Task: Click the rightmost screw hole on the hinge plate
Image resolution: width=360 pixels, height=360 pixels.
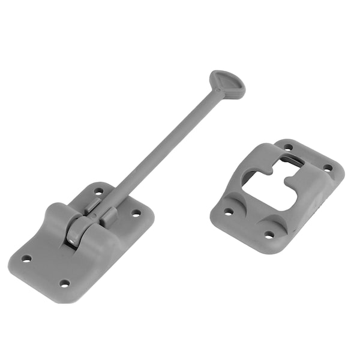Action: [x=136, y=212]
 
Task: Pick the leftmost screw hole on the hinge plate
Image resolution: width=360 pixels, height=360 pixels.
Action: [x=26, y=259]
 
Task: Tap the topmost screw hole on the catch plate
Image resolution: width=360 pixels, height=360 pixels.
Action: [x=288, y=147]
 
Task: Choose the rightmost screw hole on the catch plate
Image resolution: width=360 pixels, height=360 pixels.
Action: [x=328, y=168]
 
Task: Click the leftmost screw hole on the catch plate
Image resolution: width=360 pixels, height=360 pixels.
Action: [x=229, y=211]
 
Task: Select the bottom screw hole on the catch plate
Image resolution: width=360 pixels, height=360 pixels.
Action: [x=269, y=235]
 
